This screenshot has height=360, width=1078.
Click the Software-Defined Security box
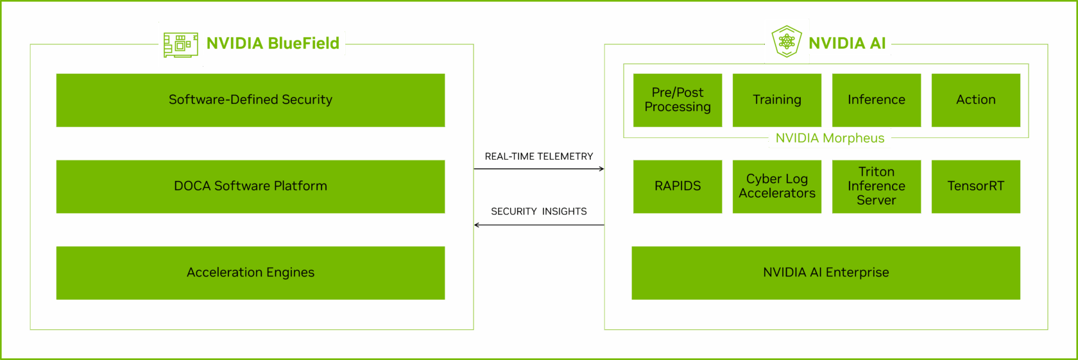[x=250, y=100]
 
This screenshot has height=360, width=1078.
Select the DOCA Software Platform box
[x=250, y=187]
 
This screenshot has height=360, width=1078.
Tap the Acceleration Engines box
[x=250, y=273]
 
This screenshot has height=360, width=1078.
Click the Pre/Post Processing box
[x=678, y=100]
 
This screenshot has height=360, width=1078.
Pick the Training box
[x=776, y=100]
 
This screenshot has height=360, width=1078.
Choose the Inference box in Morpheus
[x=877, y=100]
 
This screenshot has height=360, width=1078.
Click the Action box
[x=976, y=100]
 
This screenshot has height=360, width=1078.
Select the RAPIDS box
[x=678, y=187]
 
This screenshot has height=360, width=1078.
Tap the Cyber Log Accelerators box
[x=776, y=187]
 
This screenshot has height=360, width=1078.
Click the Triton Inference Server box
[x=877, y=187]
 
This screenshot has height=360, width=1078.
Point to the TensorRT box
[x=976, y=187]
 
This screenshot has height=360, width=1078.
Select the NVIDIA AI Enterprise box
[x=826, y=273]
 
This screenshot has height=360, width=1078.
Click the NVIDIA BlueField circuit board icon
[x=181, y=45]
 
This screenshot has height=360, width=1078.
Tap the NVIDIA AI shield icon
[x=787, y=41]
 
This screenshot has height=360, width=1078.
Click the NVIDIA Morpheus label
[x=830, y=138]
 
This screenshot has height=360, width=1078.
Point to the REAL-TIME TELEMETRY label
[x=539, y=157]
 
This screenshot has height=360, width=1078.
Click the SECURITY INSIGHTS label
[x=539, y=211]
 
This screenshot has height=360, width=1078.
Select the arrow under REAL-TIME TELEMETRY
[x=539, y=169]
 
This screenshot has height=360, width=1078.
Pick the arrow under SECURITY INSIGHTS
[x=539, y=225]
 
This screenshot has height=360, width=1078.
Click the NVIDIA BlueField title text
[x=273, y=44]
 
